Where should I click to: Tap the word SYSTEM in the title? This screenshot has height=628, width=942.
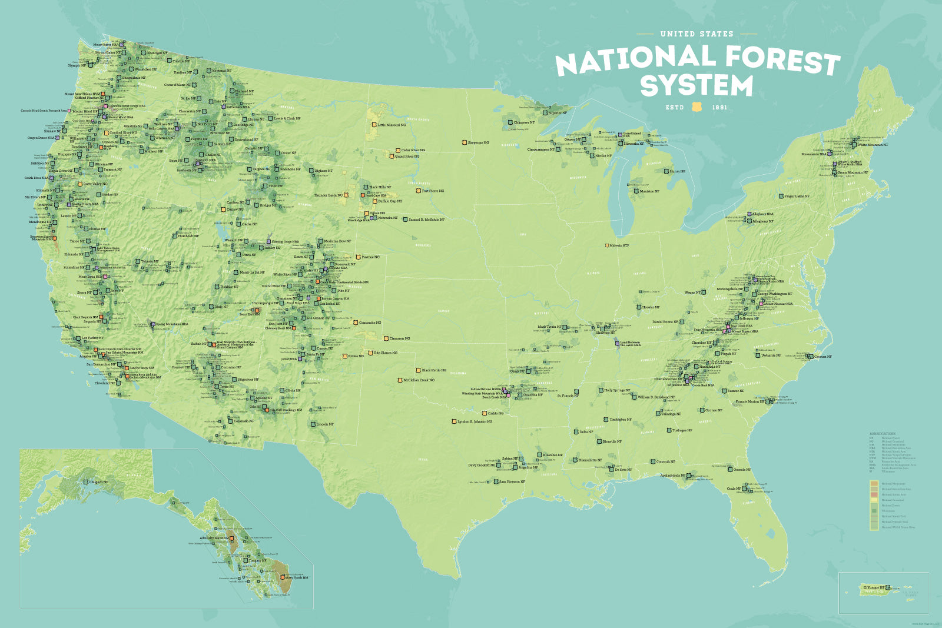(x=696, y=86)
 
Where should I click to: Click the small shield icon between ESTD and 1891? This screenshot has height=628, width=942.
(x=698, y=107)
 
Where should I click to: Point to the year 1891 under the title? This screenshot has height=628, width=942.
(x=719, y=108)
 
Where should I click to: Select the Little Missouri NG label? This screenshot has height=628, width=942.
(x=392, y=125)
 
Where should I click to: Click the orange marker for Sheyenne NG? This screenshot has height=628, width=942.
(x=465, y=142)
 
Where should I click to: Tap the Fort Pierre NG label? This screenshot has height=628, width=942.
(x=433, y=191)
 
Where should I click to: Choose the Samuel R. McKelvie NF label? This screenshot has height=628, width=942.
(x=426, y=220)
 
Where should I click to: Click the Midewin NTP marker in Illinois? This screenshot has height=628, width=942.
(x=607, y=245)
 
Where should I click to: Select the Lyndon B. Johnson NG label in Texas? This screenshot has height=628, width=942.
(x=475, y=421)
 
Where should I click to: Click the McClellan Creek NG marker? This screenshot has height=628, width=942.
(x=400, y=380)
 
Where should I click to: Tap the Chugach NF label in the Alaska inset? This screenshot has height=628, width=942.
(x=98, y=482)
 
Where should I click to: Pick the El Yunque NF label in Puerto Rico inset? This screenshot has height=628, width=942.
(x=874, y=587)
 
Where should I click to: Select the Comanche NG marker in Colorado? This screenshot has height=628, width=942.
(x=356, y=323)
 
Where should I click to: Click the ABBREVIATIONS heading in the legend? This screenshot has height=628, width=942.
(x=882, y=434)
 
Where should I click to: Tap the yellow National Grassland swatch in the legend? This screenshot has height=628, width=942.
(x=874, y=500)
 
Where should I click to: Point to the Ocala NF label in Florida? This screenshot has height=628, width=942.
(x=733, y=489)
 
